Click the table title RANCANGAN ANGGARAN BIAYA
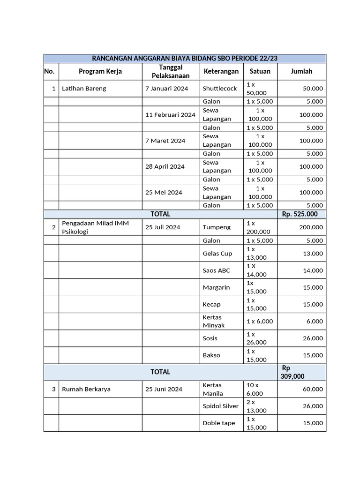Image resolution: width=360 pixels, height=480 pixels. click(x=185, y=58)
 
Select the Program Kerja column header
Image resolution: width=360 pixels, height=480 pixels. click(x=100, y=71)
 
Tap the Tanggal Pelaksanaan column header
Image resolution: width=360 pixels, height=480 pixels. click(x=171, y=71)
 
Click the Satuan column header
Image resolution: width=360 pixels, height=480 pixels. click(x=260, y=71)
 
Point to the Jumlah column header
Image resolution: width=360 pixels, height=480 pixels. click(x=301, y=71)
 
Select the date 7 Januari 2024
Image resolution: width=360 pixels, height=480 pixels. click(x=166, y=88)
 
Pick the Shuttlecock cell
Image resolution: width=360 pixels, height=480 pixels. click(x=220, y=88)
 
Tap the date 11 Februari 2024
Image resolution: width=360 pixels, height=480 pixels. click(x=170, y=114)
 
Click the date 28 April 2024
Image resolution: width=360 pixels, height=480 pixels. click(x=165, y=166)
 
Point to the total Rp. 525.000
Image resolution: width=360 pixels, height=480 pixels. click(x=300, y=214)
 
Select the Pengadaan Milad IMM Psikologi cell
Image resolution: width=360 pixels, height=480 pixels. click(x=95, y=227)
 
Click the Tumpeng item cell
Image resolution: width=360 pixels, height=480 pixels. click(x=217, y=227)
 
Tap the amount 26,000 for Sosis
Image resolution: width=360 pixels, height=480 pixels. click(x=313, y=338)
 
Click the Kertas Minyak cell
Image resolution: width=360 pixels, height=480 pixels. click(x=214, y=321)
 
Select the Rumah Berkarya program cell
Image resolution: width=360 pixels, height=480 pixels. click(x=86, y=389)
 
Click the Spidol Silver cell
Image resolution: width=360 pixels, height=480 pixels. click(x=220, y=406)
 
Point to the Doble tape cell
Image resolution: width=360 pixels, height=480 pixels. click(x=218, y=423)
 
